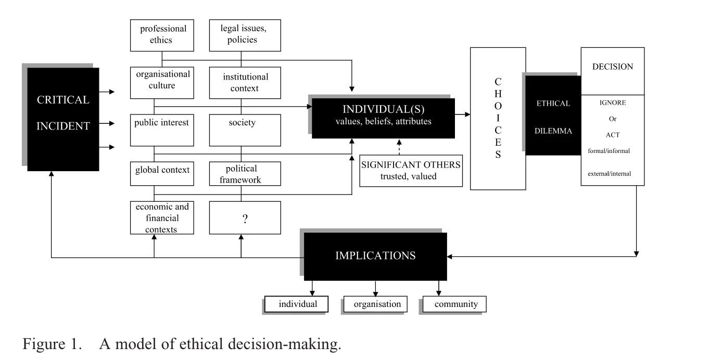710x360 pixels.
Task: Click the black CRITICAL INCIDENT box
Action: tap(63, 119)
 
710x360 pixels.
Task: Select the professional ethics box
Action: tap(162, 34)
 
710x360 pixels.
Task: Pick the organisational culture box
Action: tap(162, 82)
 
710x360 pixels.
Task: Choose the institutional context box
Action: tap(245, 82)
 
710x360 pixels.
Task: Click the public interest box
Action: tap(162, 130)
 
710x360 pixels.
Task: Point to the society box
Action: tap(245, 130)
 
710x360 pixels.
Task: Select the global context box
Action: tap(162, 173)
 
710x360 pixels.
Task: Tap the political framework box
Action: tap(245, 174)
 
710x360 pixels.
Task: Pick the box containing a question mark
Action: tap(245, 218)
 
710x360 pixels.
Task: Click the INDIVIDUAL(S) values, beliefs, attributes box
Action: tap(383, 118)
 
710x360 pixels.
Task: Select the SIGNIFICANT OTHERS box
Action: tap(411, 170)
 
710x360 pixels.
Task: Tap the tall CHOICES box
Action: tap(498, 118)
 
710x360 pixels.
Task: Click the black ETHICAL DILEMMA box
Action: tap(553, 117)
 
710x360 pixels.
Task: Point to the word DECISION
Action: tap(612, 67)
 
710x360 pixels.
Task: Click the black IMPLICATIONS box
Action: tap(375, 256)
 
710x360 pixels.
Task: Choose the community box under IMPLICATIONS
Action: tap(454, 304)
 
